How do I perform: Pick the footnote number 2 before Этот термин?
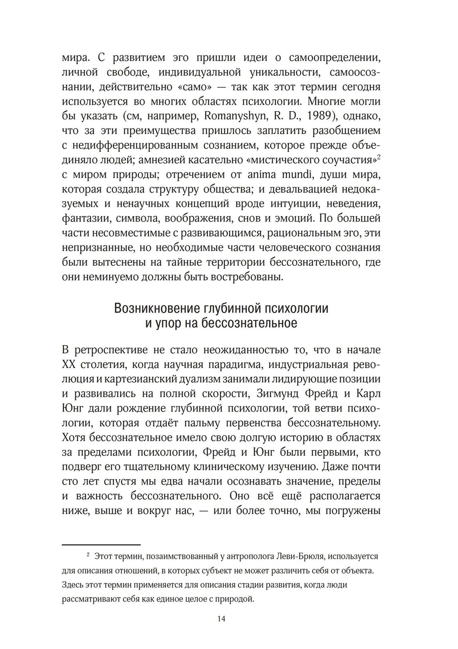point(88,556)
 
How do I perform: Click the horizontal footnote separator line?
point(101,545)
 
